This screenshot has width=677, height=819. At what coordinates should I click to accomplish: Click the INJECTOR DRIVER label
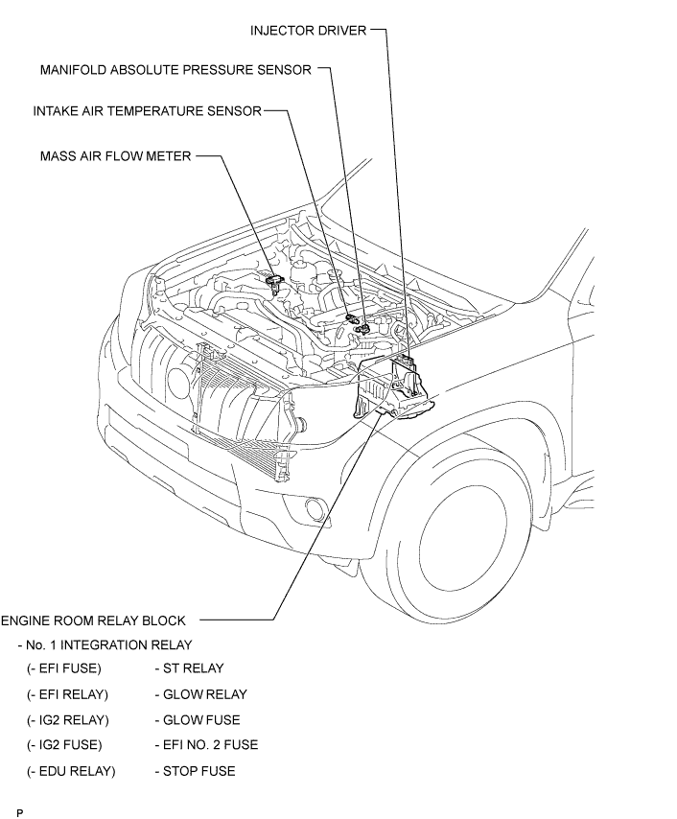[308, 31]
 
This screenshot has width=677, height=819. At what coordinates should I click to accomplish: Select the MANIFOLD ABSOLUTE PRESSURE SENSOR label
[175, 70]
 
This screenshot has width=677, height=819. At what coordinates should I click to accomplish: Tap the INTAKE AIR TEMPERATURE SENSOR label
[147, 111]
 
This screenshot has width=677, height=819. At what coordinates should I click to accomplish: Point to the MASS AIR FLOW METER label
[116, 155]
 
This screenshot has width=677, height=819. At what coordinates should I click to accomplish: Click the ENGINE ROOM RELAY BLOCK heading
[93, 620]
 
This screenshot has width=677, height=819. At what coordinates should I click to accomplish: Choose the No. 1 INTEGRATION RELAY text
[105, 644]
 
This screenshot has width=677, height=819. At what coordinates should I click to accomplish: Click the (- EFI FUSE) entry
[64, 668]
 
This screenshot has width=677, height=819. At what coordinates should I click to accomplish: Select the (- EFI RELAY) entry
[68, 694]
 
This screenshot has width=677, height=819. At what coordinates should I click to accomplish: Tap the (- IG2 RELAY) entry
[68, 719]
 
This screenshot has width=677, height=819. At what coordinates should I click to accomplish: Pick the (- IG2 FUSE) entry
[64, 744]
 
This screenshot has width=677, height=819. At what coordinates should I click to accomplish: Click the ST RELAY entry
[189, 668]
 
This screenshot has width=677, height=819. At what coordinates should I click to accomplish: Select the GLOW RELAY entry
[200, 694]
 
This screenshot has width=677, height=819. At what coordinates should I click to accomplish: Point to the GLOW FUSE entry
[198, 719]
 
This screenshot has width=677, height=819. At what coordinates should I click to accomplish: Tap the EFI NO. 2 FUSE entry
[206, 744]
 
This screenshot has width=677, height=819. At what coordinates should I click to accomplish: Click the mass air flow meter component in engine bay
[274, 281]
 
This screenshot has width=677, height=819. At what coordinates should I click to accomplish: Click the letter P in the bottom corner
[19, 812]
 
